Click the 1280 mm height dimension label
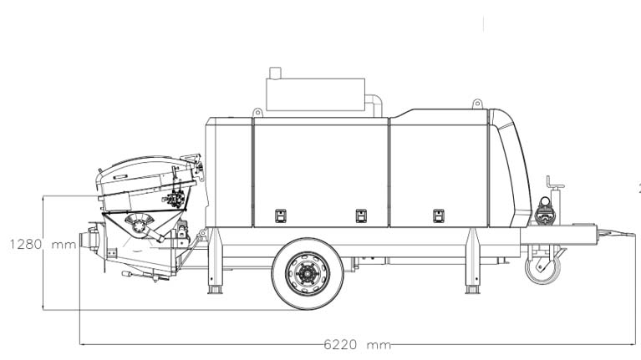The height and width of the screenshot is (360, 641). click(x=43, y=245)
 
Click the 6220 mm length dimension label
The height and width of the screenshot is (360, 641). click(x=358, y=344)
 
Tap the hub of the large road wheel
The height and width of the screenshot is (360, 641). click(x=308, y=272)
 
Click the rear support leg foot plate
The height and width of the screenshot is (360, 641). click(x=216, y=290)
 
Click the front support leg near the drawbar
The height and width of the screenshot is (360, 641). click(x=472, y=261)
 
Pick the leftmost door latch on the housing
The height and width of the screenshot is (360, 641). click(x=281, y=215)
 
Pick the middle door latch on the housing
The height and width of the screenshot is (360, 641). click(x=361, y=215)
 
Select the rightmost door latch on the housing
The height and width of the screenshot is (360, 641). click(x=439, y=215)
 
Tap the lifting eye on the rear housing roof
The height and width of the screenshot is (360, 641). click(x=257, y=113)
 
